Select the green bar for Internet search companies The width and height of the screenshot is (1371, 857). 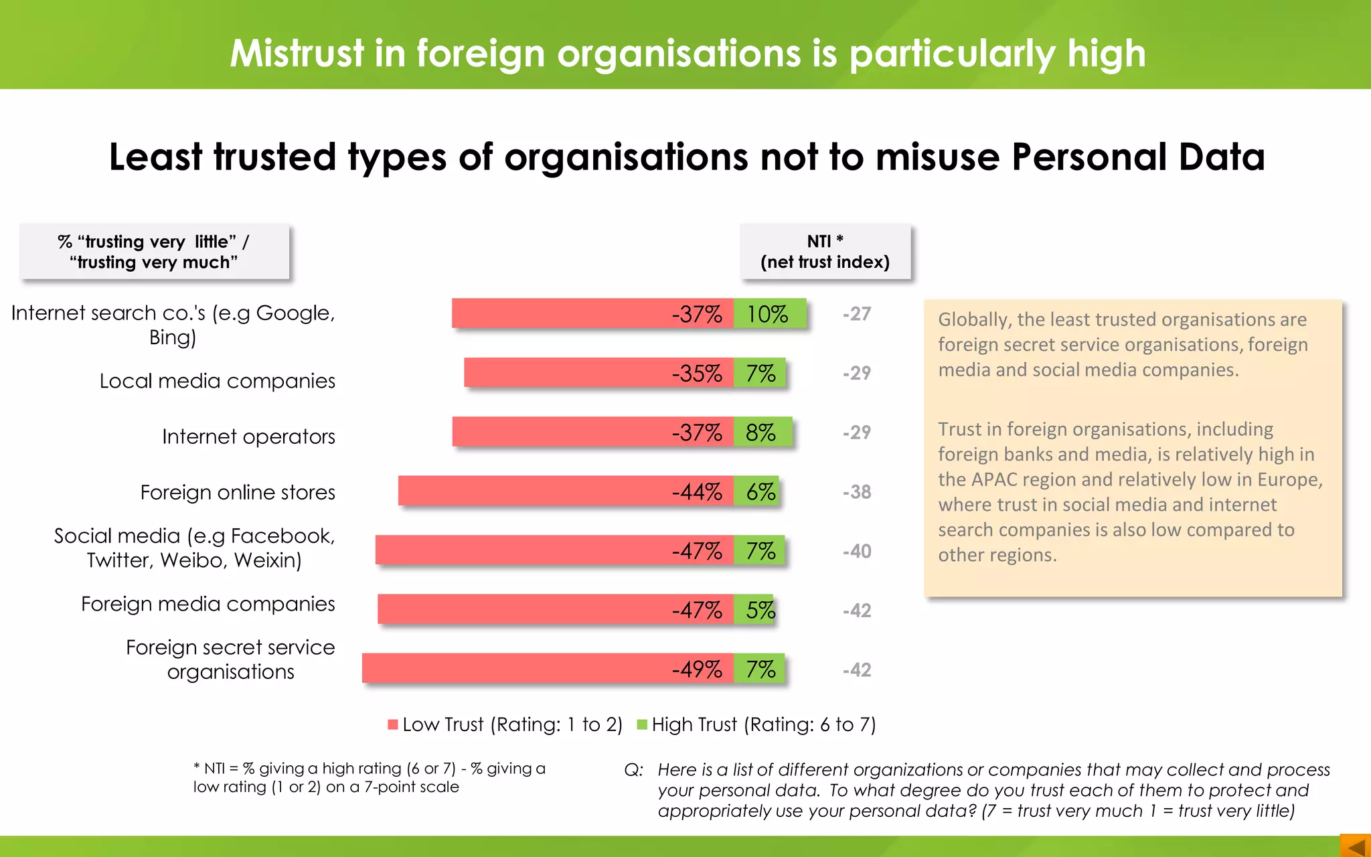[770, 313]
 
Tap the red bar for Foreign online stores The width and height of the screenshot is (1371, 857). [536, 491]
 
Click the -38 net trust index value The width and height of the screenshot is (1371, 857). [857, 492]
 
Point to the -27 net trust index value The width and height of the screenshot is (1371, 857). [857, 314]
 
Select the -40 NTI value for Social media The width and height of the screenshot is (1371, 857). [857, 551]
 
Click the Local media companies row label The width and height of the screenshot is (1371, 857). [218, 381]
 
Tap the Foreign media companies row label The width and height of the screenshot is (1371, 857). [208, 604]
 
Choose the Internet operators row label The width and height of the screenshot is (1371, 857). [248, 437]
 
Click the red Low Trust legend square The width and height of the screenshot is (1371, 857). [393, 724]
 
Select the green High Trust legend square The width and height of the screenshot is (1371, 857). [642, 724]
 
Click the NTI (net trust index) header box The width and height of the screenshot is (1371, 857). [825, 252]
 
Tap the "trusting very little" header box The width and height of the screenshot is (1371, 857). [154, 252]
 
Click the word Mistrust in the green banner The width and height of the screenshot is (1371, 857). [297, 53]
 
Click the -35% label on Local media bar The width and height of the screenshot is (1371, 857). [697, 373]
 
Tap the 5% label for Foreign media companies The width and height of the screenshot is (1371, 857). [760, 610]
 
